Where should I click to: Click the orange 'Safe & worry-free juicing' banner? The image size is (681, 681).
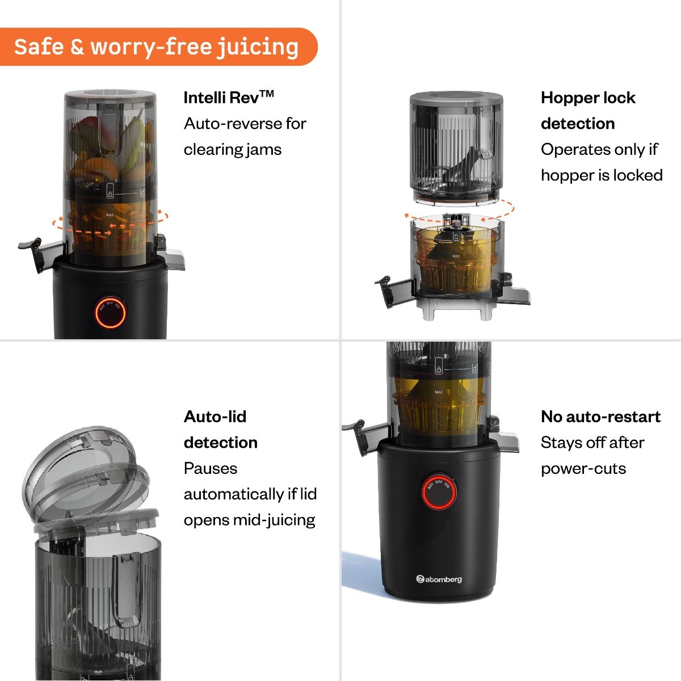157,47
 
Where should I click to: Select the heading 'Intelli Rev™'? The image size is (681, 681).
229,98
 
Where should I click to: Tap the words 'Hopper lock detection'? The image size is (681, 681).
587,110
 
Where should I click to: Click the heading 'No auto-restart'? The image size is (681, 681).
600,417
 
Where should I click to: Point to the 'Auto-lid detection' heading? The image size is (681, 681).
220,430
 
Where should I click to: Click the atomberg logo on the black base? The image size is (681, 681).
439,579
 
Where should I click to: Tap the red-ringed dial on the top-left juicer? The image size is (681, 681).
110,312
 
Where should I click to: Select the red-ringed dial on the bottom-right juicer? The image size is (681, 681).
439,491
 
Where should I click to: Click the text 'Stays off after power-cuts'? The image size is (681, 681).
592,456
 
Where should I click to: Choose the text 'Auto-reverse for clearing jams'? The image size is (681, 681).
245,137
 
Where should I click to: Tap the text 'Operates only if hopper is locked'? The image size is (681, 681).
601,162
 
